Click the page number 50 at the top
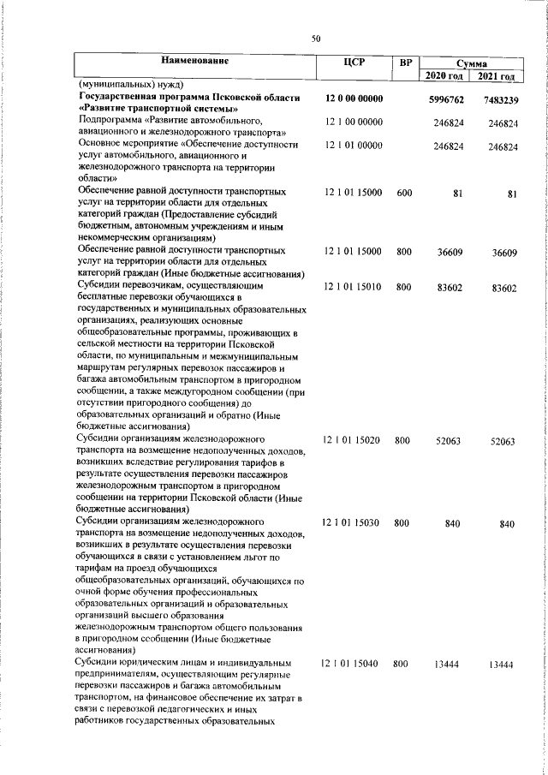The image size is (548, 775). tap(315, 39)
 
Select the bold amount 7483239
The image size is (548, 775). tap(500, 100)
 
